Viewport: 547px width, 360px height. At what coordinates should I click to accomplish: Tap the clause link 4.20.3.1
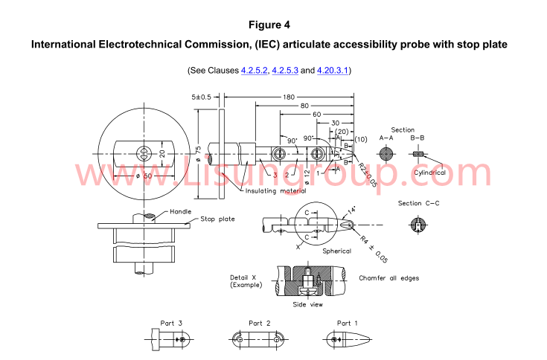point(333,71)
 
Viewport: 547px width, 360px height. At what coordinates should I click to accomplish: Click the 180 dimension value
point(288,97)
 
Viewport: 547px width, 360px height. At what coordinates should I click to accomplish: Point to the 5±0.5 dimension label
point(202,97)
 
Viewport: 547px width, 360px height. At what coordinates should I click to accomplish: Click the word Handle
point(180,210)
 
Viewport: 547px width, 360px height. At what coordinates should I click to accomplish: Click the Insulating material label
point(275,191)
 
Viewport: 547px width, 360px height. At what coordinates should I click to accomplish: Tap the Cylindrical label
point(429,173)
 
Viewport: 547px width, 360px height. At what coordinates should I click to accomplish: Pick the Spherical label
point(336,251)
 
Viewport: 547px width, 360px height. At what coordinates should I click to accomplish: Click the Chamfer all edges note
point(388,278)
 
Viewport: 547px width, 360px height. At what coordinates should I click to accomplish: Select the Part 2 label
point(260,324)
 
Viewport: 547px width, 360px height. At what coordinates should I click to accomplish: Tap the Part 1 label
point(348,324)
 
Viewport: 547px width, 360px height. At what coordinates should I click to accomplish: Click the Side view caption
point(307,305)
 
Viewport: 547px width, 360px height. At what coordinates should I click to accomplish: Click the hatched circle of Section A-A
point(386,154)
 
